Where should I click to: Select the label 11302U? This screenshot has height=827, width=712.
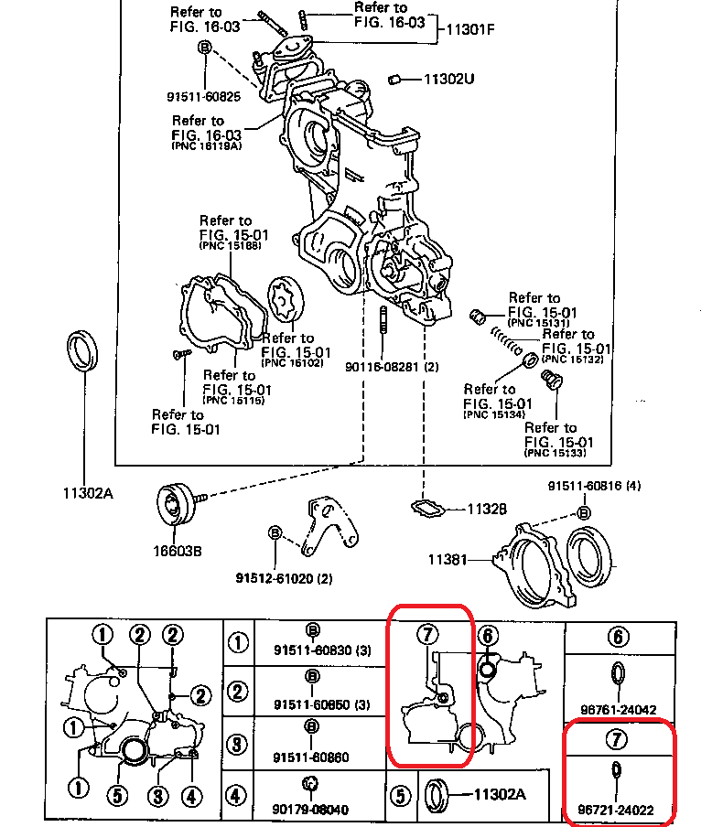click(x=448, y=80)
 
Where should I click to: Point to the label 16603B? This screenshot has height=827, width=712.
click(x=178, y=551)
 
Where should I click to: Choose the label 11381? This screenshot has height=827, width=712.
click(x=448, y=558)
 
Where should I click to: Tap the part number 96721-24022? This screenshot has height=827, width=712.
click(x=618, y=809)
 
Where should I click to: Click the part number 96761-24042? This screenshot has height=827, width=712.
click(x=618, y=708)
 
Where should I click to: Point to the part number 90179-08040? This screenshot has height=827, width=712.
click(x=309, y=809)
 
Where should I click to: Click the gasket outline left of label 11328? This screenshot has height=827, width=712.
click(x=428, y=507)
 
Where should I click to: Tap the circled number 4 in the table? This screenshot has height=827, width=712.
click(x=238, y=795)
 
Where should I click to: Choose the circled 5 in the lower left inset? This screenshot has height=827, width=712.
click(x=117, y=795)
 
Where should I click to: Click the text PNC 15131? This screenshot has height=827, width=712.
click(x=539, y=323)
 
